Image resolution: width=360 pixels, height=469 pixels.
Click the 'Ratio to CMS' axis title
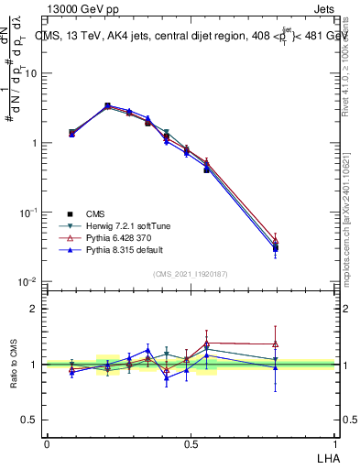tap(16, 364)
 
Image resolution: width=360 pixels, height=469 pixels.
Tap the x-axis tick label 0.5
tap(191, 444)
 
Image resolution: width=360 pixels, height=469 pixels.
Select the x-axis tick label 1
tap(335, 444)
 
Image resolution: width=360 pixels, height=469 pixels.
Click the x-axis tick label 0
tap(47, 444)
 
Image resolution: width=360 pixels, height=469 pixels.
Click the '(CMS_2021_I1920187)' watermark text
tap(191, 274)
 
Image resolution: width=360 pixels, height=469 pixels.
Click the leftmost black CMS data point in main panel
tap(72, 133)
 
